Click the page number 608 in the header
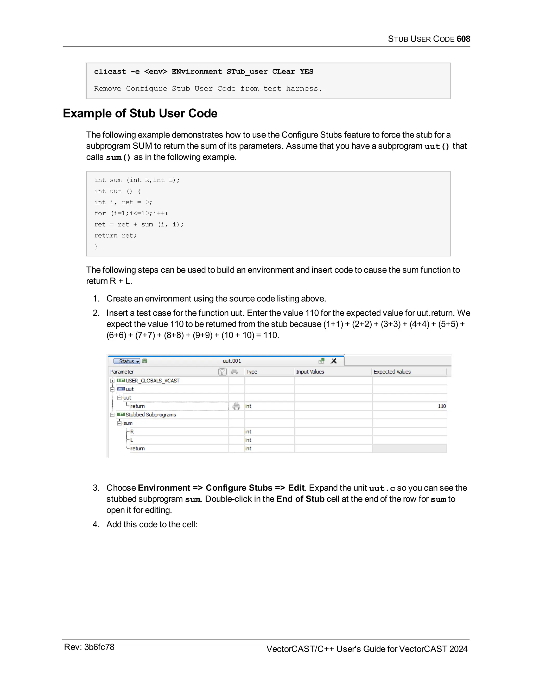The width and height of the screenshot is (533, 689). point(463,39)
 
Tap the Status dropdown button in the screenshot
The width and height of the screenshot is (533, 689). point(127,361)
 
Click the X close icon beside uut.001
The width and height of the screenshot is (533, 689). point(333,361)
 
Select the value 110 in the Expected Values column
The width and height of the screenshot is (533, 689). point(441,406)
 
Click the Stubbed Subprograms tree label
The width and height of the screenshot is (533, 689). point(151,414)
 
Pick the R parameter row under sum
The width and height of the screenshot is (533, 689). point(132,432)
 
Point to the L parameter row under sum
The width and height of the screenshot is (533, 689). point(132,440)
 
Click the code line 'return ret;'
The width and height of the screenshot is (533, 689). point(115,235)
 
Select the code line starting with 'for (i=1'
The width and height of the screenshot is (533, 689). point(131,213)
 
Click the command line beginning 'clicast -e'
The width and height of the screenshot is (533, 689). point(203,71)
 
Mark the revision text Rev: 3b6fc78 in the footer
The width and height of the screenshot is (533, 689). point(89,647)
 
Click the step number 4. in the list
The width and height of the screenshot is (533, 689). point(96,524)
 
